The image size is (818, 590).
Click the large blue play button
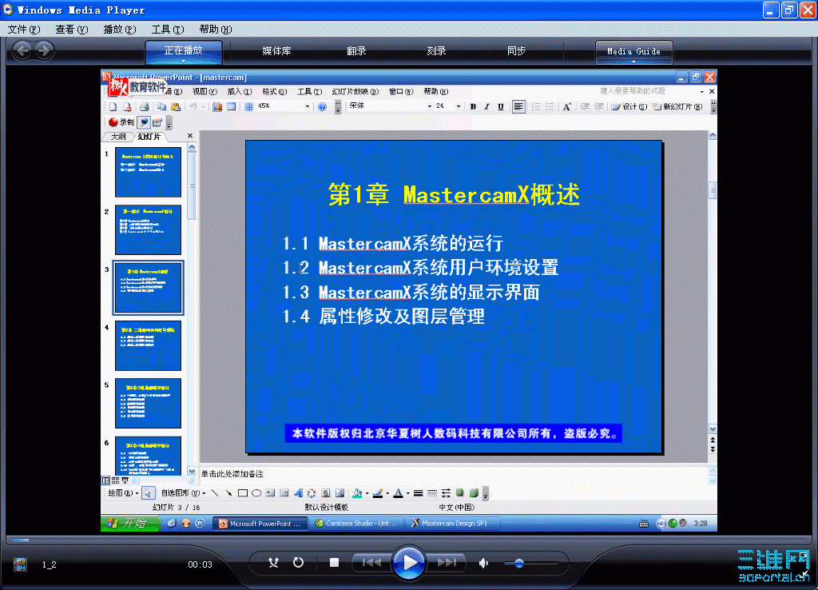(409, 562)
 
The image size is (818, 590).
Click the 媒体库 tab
(276, 51)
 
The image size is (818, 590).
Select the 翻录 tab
(356, 51)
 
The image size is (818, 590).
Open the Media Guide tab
(633, 51)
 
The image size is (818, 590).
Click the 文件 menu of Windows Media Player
(23, 29)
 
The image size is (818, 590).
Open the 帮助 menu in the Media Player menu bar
(215, 29)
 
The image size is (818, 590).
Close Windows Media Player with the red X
(806, 10)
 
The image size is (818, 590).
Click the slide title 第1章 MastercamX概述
(454, 194)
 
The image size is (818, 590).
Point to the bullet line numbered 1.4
(383, 317)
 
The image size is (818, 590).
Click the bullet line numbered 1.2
(420, 268)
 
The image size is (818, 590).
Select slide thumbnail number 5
(149, 403)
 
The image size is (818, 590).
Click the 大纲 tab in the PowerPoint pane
(118, 137)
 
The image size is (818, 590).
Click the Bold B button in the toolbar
(473, 106)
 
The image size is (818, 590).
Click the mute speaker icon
(483, 563)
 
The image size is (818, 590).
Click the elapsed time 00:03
(200, 564)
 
